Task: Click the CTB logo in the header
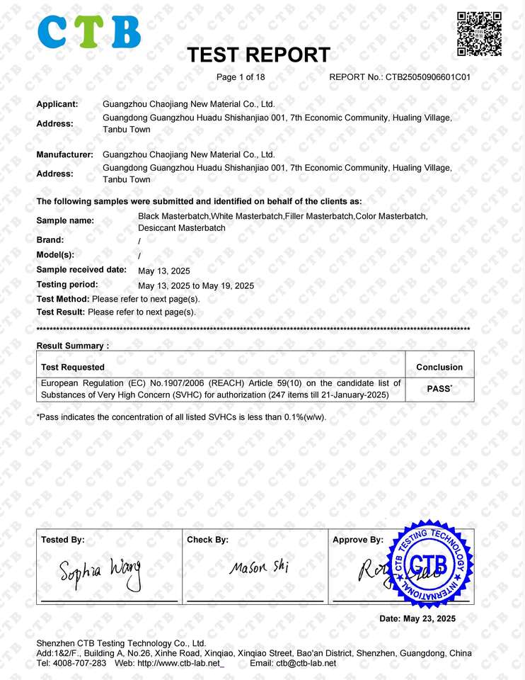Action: point(88,32)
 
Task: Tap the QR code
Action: point(479,34)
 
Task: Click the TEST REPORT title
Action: point(258,55)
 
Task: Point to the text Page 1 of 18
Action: point(241,77)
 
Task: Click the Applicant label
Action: point(57,104)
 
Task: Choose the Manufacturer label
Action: point(64,154)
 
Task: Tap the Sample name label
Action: point(65,221)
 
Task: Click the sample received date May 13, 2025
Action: point(164,271)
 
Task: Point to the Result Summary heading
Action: point(73,346)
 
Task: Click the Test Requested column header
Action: point(73,367)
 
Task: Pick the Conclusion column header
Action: point(439,367)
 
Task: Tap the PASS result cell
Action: point(439,389)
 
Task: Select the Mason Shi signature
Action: point(258,567)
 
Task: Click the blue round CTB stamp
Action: point(427,564)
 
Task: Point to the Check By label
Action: point(207,540)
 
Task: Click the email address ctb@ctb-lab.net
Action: point(306,663)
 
